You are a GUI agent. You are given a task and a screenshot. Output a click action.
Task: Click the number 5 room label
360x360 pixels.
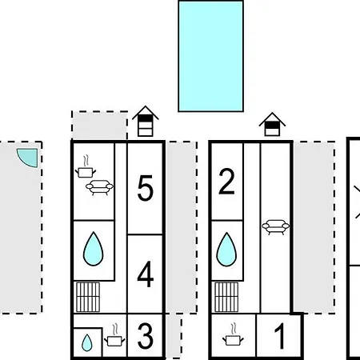pos(146,188)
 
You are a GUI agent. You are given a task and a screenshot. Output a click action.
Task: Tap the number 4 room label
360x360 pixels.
pos(146,274)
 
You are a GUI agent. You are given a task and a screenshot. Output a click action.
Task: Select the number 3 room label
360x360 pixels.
pos(146,336)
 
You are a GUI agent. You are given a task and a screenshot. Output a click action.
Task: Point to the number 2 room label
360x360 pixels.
pos(226,182)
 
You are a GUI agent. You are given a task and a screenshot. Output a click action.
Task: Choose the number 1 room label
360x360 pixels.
pos(280,336)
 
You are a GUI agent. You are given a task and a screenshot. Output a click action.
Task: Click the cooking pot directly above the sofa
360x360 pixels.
pos(86,167)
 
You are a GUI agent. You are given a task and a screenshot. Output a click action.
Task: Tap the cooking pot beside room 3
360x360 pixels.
pos(114,335)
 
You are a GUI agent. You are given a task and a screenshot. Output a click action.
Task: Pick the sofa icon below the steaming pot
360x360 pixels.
pos(99,187)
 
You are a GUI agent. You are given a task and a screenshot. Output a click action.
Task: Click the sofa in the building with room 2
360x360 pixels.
pos(275,227)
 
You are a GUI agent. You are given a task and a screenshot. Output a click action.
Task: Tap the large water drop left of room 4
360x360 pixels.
pos(93,249)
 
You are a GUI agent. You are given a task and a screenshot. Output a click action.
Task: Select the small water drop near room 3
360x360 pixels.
pos(86,342)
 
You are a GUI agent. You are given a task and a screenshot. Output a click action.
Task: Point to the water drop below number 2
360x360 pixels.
pos(226,250)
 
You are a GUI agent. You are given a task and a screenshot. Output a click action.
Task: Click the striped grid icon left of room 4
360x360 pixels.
pos(88,297)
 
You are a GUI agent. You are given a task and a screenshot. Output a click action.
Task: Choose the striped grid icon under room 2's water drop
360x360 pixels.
pos(226,297)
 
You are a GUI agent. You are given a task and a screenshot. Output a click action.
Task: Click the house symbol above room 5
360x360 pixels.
pos(146,122)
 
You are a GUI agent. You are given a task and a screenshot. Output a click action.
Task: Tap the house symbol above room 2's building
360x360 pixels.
pos(272,124)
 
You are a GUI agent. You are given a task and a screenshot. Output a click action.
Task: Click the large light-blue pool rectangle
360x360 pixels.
pos(210,56)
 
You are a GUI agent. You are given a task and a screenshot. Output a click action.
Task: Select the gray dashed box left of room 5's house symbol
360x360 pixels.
pos(99,126)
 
